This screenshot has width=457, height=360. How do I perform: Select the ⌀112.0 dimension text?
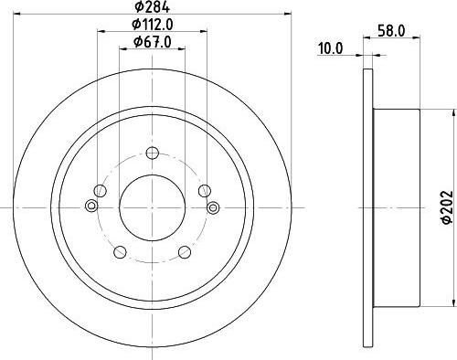tap(152, 25)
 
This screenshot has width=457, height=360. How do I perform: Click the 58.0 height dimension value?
tap(392, 30)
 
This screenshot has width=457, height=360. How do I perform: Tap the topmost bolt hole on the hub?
tap(151, 155)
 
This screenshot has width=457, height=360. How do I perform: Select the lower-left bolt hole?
tap(119, 250)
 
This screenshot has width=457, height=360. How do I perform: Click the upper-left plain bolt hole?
tap(101, 190)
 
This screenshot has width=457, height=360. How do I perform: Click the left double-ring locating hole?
tap(90, 208)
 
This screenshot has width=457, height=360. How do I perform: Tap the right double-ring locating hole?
tap(213, 208)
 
